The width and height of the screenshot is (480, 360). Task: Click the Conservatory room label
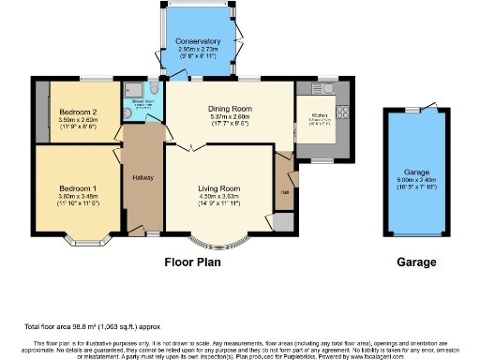[x=198, y=41]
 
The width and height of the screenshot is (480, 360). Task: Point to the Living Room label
[x=218, y=188]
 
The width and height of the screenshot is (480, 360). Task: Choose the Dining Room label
[x=231, y=108]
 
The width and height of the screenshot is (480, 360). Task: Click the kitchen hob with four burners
[x=342, y=112]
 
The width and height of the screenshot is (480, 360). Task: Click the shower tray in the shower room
[x=130, y=92]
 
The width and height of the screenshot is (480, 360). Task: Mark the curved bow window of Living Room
[x=218, y=243]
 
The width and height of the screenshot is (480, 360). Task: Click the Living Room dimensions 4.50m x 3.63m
[x=218, y=197]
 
